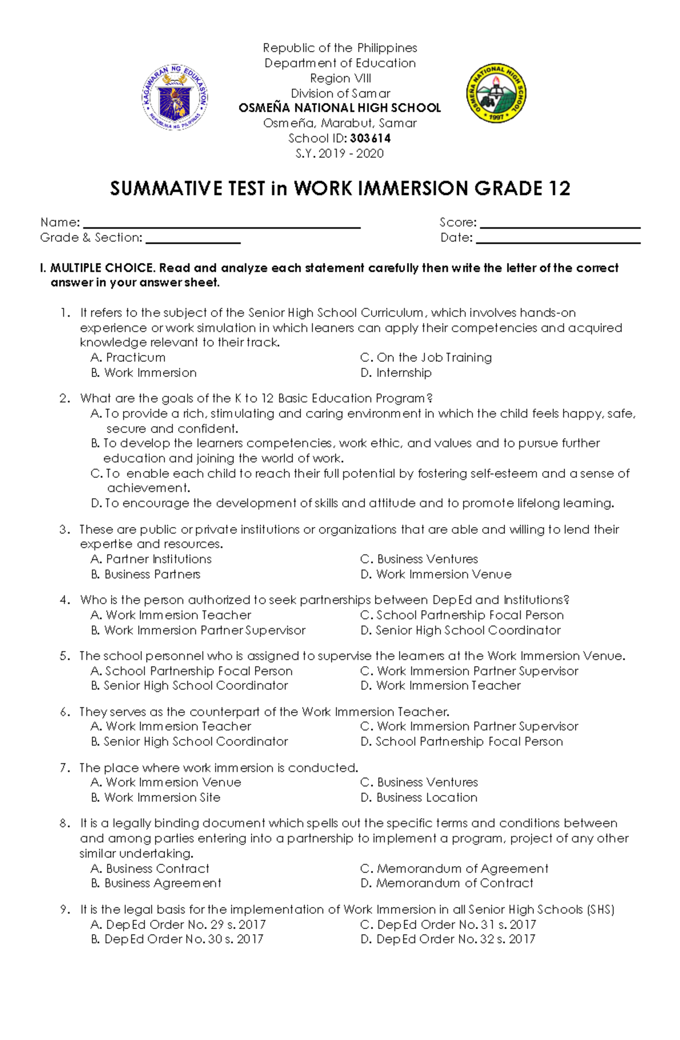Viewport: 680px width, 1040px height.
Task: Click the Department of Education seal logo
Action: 175,97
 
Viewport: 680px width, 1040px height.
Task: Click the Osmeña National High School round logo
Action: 496,93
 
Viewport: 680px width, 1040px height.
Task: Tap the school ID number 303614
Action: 370,138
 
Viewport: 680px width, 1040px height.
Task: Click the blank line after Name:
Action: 222,224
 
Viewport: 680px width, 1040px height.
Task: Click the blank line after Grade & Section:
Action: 193,240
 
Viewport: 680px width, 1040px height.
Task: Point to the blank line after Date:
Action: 558,240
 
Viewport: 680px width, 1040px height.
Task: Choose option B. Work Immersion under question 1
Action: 144,373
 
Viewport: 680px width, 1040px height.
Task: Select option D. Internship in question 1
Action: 396,373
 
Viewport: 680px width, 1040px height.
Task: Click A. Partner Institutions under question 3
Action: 151,559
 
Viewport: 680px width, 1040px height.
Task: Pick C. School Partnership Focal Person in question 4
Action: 462,615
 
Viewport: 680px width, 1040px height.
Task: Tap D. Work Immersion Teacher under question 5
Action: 440,686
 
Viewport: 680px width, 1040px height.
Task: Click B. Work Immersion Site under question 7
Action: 156,797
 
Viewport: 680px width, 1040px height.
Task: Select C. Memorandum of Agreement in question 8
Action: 454,869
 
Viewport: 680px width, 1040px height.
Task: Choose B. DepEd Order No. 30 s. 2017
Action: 177,939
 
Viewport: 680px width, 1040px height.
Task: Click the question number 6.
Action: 65,712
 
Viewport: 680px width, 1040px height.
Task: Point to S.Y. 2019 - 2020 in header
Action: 339,154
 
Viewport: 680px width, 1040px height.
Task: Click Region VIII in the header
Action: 340,78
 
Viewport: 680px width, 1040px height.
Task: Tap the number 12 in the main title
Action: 559,188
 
